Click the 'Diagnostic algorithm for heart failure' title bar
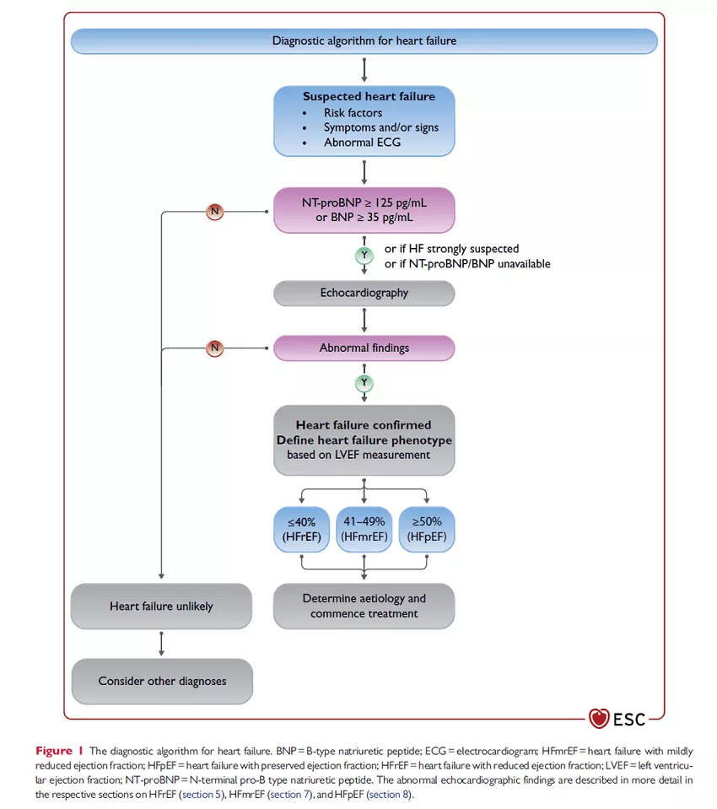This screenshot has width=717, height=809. point(364,40)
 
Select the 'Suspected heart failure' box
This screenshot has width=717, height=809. point(364,120)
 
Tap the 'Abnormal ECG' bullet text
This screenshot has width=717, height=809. point(362,143)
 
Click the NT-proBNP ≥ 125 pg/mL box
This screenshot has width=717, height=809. point(364,210)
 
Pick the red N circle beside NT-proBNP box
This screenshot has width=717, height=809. point(215,211)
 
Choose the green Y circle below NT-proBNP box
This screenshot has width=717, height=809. point(364,255)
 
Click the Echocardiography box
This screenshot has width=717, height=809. point(364,294)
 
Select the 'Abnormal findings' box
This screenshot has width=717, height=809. point(364,348)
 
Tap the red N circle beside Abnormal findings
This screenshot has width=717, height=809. point(215,348)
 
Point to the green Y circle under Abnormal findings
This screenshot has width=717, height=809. point(364,382)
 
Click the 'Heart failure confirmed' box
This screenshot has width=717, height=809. point(364,440)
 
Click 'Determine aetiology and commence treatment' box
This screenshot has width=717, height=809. point(364,606)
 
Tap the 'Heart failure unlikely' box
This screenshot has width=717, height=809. point(162,606)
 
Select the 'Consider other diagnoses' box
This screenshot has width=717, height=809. point(162,681)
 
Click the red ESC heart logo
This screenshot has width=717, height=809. point(599,720)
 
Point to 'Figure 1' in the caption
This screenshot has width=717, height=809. point(59,751)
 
